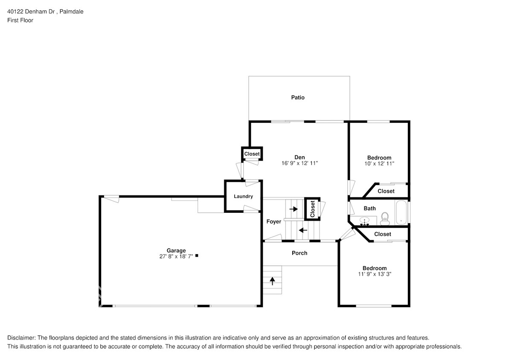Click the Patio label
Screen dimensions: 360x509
point(298,98)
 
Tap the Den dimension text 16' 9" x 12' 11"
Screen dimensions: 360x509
point(300,163)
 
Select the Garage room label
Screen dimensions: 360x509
point(176,250)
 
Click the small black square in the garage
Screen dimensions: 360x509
point(197,256)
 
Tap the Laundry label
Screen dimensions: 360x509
point(243,197)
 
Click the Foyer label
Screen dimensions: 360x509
point(273,222)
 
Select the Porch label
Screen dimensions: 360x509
point(300,253)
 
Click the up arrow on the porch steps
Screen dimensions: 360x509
point(272,281)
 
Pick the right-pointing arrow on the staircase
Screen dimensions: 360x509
point(294,209)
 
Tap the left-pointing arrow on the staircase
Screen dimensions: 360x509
point(303,230)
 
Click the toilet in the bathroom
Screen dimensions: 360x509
point(385,218)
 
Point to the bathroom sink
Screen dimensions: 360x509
point(365,221)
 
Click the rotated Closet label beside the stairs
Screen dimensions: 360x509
point(312,209)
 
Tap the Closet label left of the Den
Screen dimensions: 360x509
point(252,154)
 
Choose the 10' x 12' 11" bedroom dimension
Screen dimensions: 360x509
point(379,163)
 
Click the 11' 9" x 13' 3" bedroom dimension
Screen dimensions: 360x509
point(375,274)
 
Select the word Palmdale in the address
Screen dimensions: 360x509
point(71,12)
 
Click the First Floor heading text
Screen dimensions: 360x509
point(20,20)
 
